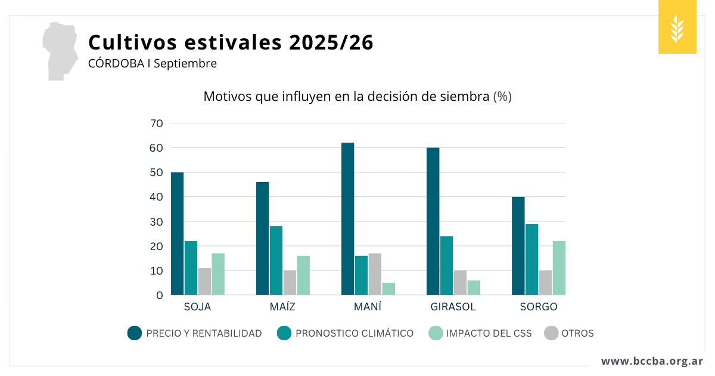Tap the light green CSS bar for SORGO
click(559, 268)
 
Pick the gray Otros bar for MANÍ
click(375, 274)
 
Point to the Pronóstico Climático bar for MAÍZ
click(276, 260)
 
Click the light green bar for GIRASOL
click(474, 288)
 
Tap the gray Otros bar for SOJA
click(204, 282)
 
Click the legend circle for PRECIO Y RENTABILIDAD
click(135, 333)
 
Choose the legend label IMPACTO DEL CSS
click(489, 334)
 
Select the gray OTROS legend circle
click(551, 333)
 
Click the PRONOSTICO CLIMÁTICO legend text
click(355, 334)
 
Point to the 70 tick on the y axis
click(157, 124)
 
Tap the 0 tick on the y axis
click(159, 295)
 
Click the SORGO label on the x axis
click(538, 307)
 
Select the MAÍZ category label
click(282, 307)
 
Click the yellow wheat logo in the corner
click(677, 27)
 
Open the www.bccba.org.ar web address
click(652, 361)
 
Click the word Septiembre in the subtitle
click(185, 63)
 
